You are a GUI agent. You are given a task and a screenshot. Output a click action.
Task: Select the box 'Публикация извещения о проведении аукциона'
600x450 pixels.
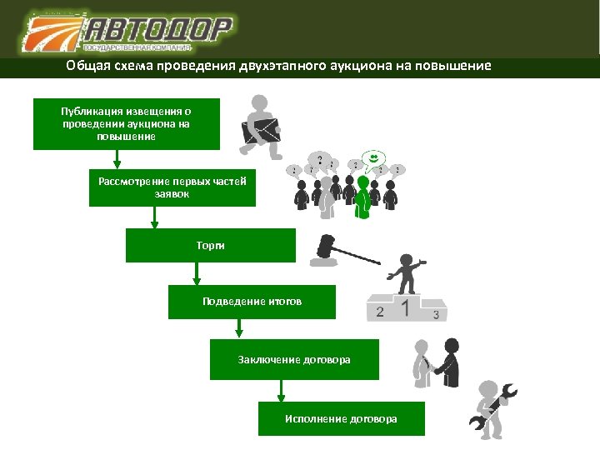(126, 123)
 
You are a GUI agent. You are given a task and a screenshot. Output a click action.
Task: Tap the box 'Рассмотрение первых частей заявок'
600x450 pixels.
(172, 187)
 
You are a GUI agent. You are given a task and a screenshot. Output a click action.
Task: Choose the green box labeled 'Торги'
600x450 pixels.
(210, 246)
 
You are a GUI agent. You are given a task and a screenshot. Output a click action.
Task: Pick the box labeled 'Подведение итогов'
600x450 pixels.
(252, 301)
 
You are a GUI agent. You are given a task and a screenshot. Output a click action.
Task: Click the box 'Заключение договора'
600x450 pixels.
(294, 359)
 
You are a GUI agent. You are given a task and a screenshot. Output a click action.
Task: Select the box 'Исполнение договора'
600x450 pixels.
(341, 417)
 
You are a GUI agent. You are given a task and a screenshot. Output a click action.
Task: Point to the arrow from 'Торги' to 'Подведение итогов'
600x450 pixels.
(197, 274)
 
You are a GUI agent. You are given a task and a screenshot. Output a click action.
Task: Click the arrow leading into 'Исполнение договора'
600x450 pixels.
(281, 391)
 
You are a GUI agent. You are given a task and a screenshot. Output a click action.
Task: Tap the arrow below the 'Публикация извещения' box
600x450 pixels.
(117, 159)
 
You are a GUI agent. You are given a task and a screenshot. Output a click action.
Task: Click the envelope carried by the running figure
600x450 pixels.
(261, 130)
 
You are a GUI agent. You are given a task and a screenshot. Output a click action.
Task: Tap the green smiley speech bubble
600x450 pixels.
(376, 158)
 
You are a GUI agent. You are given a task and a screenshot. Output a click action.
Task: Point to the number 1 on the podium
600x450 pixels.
(406, 307)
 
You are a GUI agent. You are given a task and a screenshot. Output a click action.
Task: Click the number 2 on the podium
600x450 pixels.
(380, 312)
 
